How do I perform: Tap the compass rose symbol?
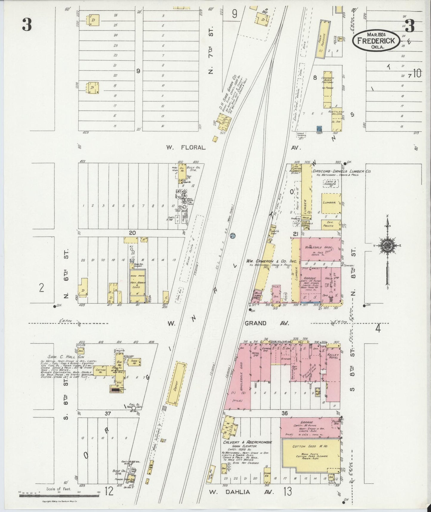(x=387, y=245)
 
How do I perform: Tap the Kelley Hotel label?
(x=333, y=356)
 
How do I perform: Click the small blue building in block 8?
(x=319, y=128)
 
